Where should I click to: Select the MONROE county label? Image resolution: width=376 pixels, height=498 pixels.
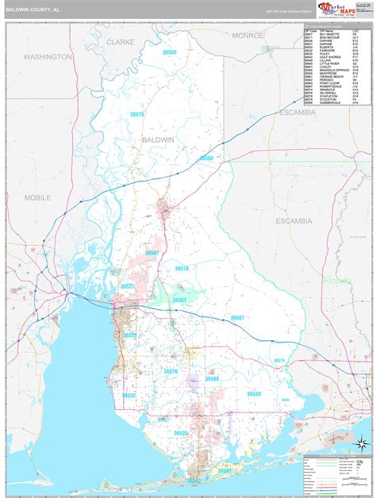pos(248,36)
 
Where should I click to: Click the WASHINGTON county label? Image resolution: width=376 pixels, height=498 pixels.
pos(47,57)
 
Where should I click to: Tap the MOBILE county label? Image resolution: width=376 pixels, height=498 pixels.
pos(37,197)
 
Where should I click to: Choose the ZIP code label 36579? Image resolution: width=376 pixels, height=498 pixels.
pos(138,115)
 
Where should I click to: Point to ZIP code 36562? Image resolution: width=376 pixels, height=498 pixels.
pos(206,158)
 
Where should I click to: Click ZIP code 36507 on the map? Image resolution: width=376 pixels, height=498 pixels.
pos(152,252)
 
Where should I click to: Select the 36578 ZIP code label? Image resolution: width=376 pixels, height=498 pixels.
pos(182,269)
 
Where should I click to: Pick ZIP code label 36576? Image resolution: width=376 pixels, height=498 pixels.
pos(171,371)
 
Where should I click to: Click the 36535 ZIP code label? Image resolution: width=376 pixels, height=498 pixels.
pos(181,433)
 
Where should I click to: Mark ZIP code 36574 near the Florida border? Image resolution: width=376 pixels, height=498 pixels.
pos(279,361)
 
